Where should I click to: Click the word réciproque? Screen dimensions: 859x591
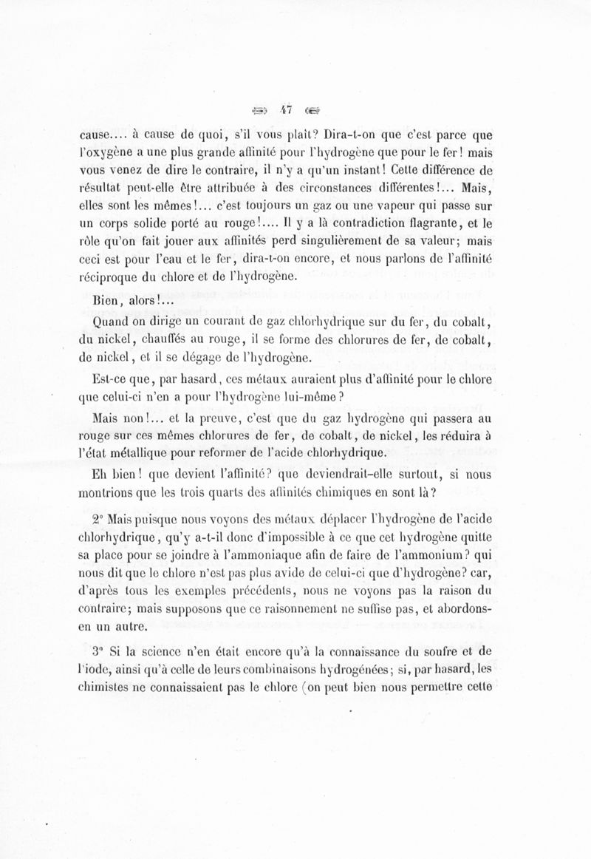click(110, 277)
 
